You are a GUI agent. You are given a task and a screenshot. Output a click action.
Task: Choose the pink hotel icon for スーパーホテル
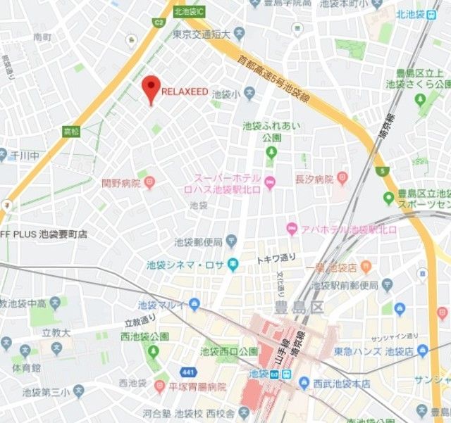[x=271, y=182]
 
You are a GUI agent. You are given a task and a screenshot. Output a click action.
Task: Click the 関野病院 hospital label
[x=121, y=183]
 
